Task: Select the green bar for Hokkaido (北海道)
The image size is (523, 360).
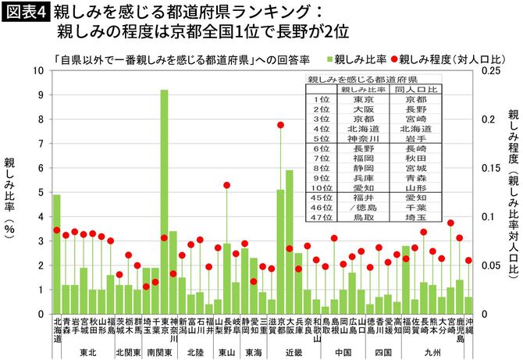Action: point(56,254)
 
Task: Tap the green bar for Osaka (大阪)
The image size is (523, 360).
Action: point(289,242)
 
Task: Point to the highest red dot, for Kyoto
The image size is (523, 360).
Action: point(280,125)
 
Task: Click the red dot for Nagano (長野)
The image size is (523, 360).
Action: point(226,185)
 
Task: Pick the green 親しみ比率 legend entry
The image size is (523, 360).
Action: point(358,59)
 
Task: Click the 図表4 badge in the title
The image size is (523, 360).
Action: point(25,12)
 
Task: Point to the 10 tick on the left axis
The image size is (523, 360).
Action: point(41,70)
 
